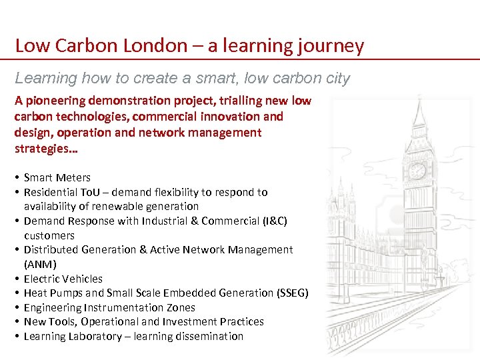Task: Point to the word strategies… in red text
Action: click(45, 148)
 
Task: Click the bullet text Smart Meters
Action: click(57, 177)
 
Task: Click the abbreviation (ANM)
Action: click(40, 264)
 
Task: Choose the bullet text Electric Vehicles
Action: click(63, 279)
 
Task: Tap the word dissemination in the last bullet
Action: click(209, 336)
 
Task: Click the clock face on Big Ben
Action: click(417, 171)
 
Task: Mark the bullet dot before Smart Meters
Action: click(15, 178)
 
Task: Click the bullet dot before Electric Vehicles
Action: click(15, 279)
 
